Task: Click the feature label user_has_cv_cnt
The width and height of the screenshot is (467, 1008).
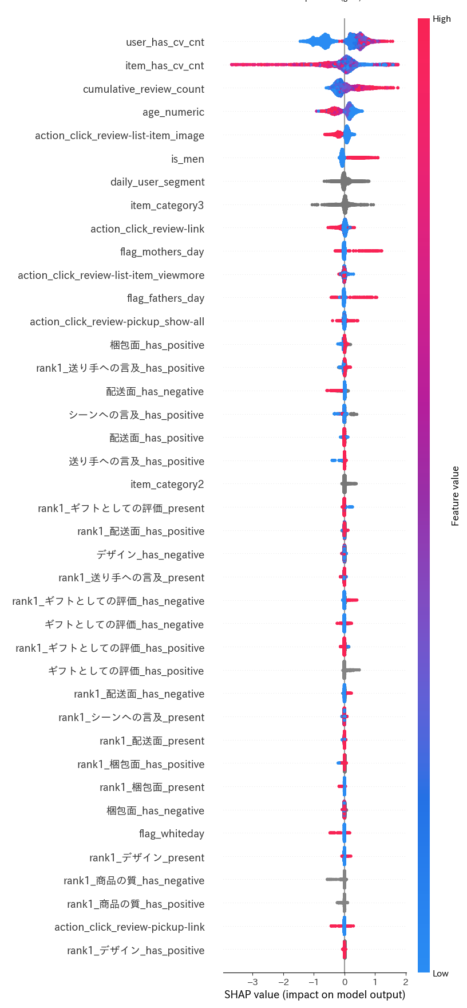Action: pos(165,42)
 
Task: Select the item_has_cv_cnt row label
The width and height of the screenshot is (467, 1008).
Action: pos(164,66)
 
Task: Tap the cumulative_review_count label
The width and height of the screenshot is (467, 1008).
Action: pos(143,89)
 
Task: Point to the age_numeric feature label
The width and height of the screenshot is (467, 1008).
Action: pos(173,112)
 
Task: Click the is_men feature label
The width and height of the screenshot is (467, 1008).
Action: pos(187,159)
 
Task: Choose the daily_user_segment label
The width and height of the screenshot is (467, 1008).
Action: pos(157,182)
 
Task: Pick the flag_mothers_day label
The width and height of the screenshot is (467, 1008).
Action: pos(162,252)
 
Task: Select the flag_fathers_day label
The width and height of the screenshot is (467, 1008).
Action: pos(165,298)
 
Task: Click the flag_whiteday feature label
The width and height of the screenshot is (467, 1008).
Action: pos(171,834)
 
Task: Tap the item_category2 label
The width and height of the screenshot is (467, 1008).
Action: pos(167,485)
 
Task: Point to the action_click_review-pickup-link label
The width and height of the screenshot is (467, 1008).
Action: pos(129,927)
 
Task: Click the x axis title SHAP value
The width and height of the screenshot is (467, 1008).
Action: pos(314,995)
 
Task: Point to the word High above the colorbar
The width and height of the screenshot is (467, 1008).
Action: pos(441,19)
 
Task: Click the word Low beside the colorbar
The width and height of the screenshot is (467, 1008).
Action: pos(440,974)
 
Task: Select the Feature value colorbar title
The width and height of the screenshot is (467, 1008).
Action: pos(455,496)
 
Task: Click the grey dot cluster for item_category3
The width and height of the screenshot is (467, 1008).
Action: pos(345,204)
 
